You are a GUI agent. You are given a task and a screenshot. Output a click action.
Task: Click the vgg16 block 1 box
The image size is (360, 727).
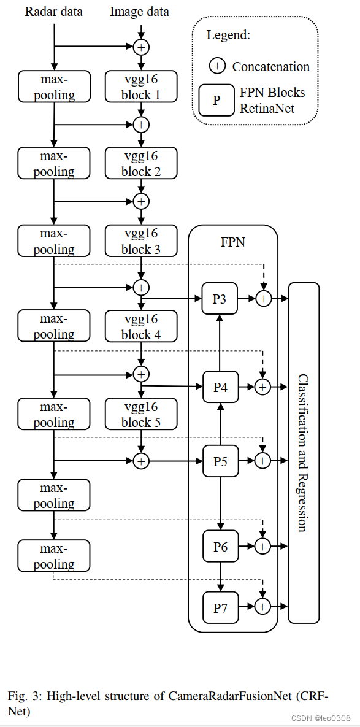pyautogui.click(x=141, y=87)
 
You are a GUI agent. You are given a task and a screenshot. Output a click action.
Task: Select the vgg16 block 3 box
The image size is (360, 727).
pyautogui.click(x=141, y=241)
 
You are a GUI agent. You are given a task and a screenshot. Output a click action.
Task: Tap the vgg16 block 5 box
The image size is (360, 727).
pyautogui.click(x=141, y=414)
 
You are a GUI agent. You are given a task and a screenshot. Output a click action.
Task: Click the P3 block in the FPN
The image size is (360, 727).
pyautogui.click(x=220, y=299)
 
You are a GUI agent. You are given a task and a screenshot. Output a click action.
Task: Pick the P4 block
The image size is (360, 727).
pyautogui.click(x=220, y=387)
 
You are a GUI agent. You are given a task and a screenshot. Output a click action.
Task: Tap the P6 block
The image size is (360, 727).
pyautogui.click(x=220, y=546)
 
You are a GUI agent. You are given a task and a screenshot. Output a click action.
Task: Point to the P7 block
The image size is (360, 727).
pyautogui.click(x=220, y=607)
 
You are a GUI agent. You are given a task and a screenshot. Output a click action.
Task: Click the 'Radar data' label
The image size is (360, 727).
pyautogui.click(x=54, y=12)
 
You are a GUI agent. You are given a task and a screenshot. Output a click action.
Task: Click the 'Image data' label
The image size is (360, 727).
pyautogui.click(x=140, y=12)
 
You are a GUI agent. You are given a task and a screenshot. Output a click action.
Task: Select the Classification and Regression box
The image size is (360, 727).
pyautogui.click(x=304, y=453)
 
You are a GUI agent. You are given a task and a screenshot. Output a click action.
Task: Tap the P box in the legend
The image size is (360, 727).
pyautogui.click(x=216, y=100)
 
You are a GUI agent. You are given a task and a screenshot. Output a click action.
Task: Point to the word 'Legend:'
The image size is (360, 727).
pyautogui.click(x=228, y=35)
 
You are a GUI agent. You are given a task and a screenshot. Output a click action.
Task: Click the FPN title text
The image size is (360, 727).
pyautogui.click(x=233, y=242)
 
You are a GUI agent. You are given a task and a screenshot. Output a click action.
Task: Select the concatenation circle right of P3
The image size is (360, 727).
pyautogui.click(x=263, y=299)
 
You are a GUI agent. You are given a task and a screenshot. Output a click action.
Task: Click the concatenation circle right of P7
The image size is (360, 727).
pyautogui.click(x=263, y=607)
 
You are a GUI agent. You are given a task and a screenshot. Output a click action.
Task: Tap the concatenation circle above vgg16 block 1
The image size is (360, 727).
pyautogui.click(x=142, y=47)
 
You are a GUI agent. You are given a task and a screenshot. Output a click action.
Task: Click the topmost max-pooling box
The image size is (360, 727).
pyautogui.click(x=54, y=87)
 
